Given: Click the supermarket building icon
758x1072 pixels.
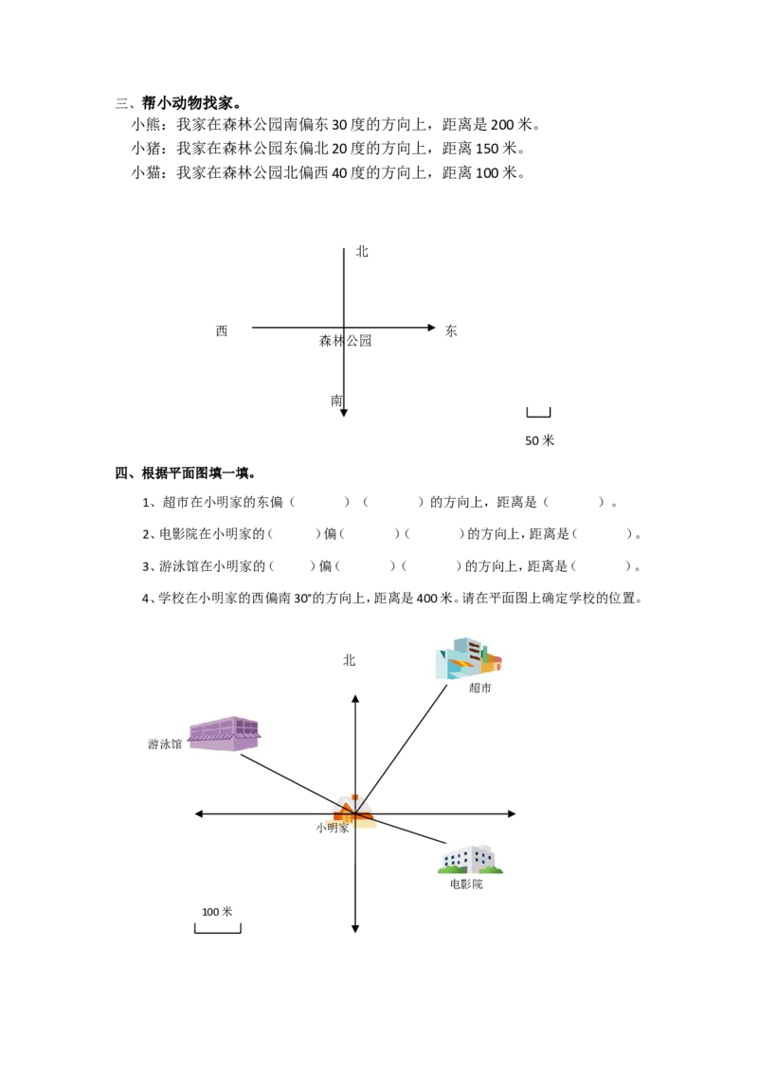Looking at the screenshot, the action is (469, 658).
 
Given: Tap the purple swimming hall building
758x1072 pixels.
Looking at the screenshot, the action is (225, 734).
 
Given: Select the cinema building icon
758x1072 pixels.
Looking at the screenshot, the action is (470, 859).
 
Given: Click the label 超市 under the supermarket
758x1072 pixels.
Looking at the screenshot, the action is (479, 688).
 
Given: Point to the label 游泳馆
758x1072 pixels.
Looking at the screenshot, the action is (165, 743).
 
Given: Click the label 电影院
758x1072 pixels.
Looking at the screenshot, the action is (466, 884).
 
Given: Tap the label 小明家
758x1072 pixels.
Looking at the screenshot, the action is (333, 828).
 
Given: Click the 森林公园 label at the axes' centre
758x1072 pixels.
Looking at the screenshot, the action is (346, 341).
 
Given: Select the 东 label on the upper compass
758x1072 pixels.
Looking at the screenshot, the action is (451, 331).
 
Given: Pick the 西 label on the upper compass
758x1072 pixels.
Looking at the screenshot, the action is (222, 331).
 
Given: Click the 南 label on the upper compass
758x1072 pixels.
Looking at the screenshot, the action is (336, 401).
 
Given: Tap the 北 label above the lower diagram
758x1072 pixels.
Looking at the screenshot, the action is (349, 660).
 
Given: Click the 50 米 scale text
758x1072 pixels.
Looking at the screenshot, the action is (540, 440).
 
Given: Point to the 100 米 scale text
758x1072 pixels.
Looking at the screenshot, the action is (217, 911).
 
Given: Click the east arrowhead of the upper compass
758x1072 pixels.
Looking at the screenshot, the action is (432, 328).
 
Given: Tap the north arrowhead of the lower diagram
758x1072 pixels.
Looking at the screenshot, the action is (355, 699).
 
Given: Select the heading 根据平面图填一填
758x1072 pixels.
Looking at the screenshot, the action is (195, 473).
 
